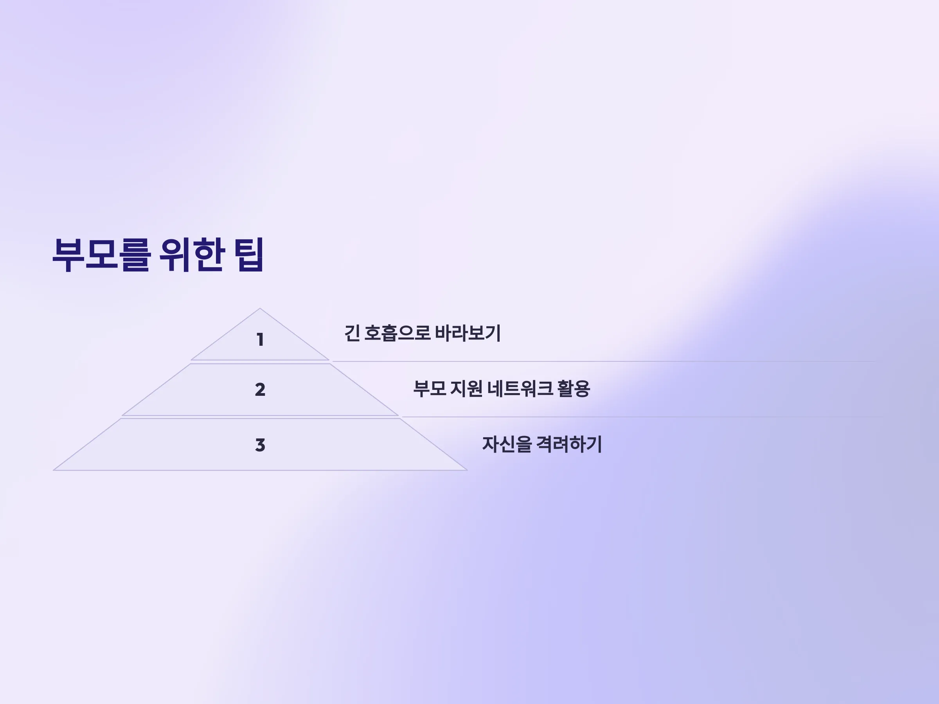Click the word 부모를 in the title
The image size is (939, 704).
[102, 255]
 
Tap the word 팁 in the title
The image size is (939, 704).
[249, 255]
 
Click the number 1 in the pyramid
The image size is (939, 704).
[260, 339]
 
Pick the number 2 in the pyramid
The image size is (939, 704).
[260, 390]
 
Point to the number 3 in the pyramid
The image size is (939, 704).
[260, 445]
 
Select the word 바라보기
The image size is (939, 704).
[468, 333]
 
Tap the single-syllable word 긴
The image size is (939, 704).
[352, 333]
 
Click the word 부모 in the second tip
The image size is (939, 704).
[430, 389]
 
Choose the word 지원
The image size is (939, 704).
[466, 389]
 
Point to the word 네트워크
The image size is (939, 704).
[520, 389]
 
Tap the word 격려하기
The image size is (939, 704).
[569, 444]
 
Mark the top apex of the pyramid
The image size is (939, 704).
[260, 309]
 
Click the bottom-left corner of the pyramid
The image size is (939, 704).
[54, 470]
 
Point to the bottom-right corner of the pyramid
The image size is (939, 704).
[468, 470]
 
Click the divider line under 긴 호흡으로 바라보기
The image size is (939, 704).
[604, 361]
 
